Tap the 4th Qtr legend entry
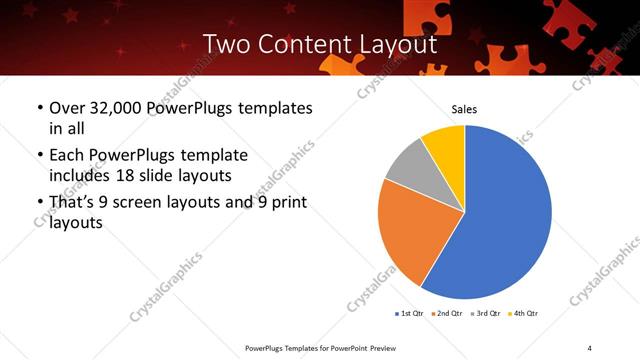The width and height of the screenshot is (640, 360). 526,314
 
